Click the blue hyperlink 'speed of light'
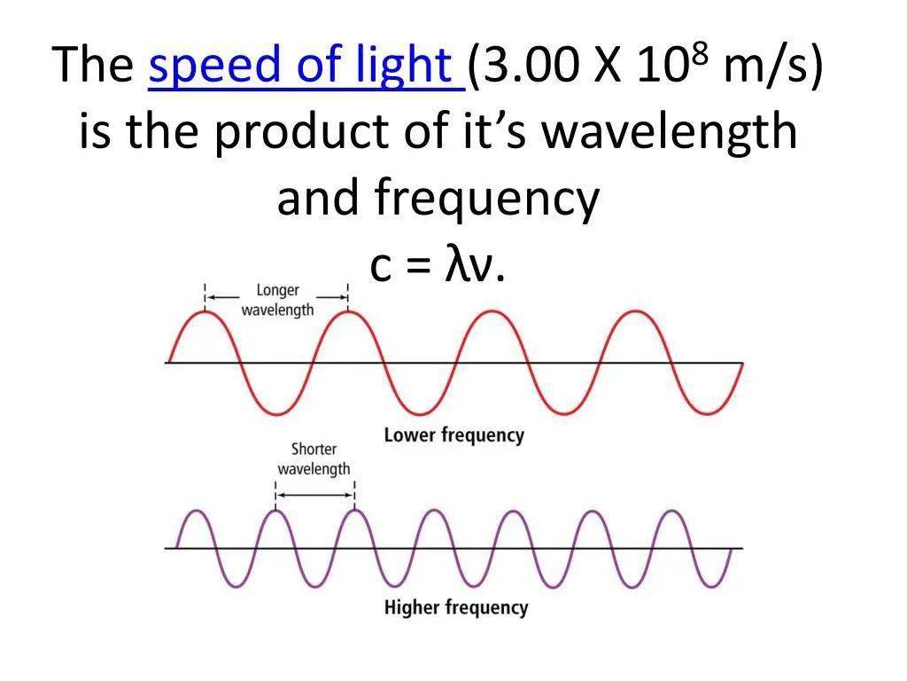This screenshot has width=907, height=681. click(300, 65)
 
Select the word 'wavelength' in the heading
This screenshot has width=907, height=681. click(670, 131)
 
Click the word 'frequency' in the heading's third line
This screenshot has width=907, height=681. click(486, 199)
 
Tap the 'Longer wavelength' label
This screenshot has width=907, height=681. click(277, 300)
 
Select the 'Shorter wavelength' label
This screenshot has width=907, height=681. click(314, 458)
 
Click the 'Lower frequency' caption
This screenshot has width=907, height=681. click(454, 434)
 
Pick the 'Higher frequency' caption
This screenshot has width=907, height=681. click(456, 607)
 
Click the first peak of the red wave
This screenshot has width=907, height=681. click(205, 311)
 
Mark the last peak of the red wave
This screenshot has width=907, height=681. click(636, 311)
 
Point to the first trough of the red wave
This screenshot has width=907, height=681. click(277, 413)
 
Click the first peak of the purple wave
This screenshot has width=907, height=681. click(197, 511)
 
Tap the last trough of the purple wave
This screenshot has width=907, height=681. click(711, 586)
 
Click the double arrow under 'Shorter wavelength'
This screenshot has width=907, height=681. click(315, 495)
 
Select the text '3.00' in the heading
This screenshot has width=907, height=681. click(529, 65)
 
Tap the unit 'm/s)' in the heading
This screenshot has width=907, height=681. click(772, 66)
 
